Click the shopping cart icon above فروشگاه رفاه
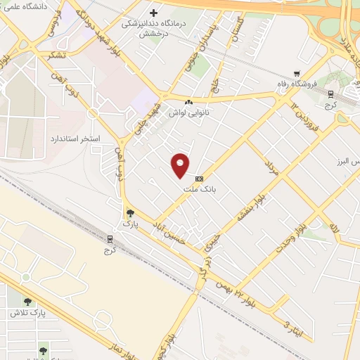click(297, 72)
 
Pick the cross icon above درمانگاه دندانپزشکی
click(153, 12)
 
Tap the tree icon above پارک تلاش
click(27, 302)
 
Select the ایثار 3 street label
click(290, 324)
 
